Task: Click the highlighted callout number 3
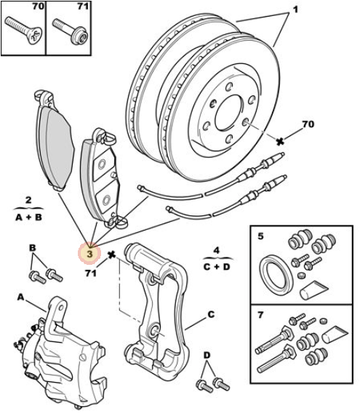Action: click(89, 254)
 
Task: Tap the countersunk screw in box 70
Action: click(23, 31)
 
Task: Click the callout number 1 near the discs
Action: click(295, 9)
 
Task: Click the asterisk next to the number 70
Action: click(280, 142)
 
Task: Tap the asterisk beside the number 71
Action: click(112, 255)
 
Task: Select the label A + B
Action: click(28, 218)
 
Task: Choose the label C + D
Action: click(217, 267)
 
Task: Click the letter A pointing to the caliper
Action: click(21, 298)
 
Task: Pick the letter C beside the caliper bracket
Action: click(211, 314)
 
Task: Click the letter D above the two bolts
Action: click(207, 355)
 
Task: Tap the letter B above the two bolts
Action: click(32, 248)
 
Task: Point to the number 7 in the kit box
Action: click(260, 315)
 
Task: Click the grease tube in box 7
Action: click(335, 333)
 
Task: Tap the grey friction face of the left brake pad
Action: click(57, 146)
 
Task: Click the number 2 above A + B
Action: click(28, 200)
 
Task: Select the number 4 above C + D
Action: click(217, 250)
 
